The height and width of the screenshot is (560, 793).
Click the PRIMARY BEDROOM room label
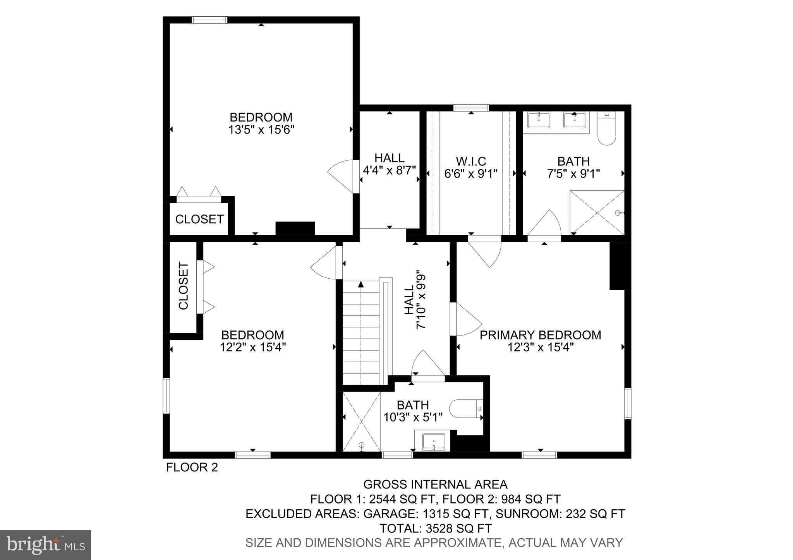[x=540, y=335]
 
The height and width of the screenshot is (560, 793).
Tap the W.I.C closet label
[x=471, y=161]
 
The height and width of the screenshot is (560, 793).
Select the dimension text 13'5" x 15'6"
[x=261, y=130]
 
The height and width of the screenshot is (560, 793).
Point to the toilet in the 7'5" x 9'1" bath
[x=607, y=128]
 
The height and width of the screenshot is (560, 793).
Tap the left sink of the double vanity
[x=539, y=120]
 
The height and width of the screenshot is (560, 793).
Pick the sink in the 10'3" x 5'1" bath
[x=434, y=442]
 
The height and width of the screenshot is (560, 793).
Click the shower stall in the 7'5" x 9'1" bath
[x=597, y=212]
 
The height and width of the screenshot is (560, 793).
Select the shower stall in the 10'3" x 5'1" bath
[x=362, y=421]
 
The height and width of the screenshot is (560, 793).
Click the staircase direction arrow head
[x=361, y=284]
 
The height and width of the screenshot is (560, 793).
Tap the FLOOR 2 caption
[x=192, y=468]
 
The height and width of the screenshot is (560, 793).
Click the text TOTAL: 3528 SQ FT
[x=435, y=528]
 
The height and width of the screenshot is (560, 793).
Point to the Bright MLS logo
[x=46, y=545]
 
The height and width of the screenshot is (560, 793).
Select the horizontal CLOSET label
[x=199, y=219]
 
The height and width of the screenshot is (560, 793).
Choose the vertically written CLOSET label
[x=183, y=286]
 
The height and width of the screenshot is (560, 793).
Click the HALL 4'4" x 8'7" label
[x=390, y=164]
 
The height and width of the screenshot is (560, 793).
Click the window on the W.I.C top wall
[x=471, y=108]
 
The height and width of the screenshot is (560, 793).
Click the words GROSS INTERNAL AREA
[x=435, y=484]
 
